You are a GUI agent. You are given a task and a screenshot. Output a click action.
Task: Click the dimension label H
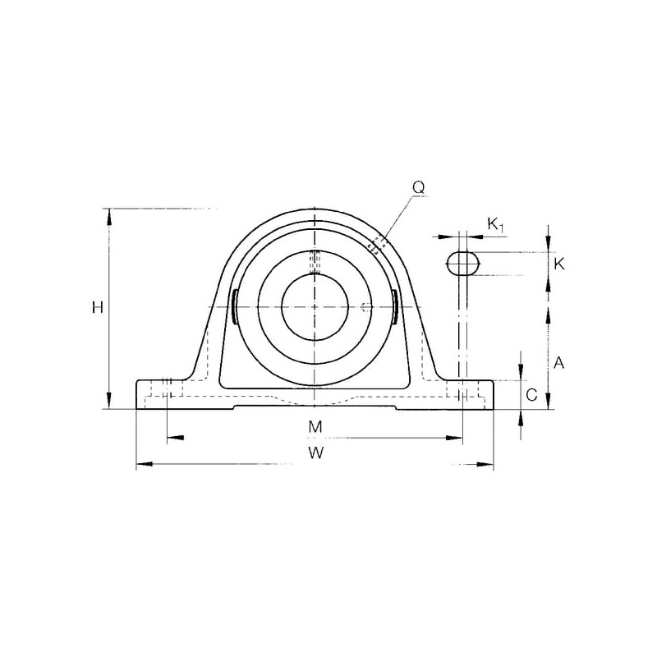click(x=98, y=308)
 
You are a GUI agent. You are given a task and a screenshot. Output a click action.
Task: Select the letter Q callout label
click(x=419, y=188)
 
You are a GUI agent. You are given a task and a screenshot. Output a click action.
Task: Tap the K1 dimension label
click(x=495, y=225)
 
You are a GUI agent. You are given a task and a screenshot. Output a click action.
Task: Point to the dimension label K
click(x=559, y=264)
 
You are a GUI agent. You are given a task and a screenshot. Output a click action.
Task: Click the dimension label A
click(x=559, y=363)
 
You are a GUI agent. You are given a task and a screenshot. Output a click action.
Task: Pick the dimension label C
click(x=531, y=395)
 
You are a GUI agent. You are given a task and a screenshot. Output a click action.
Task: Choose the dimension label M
click(x=315, y=426)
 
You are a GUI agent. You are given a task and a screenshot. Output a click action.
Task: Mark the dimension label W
click(x=316, y=453)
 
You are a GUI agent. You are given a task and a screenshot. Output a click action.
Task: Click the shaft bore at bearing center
click(x=315, y=307)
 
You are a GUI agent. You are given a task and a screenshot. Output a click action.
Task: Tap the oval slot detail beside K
click(x=462, y=263)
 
